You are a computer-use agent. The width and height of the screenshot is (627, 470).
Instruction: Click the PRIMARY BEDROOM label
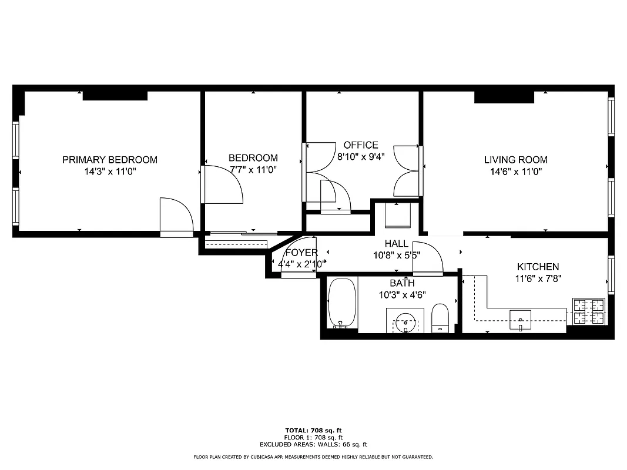pyautogui.click(x=110, y=160)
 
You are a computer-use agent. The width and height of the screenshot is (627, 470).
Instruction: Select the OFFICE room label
pyautogui.click(x=361, y=145)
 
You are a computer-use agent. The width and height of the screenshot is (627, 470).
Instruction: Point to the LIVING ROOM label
pyautogui.click(x=515, y=160)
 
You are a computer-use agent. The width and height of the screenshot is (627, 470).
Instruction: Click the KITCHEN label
pyautogui.click(x=538, y=267)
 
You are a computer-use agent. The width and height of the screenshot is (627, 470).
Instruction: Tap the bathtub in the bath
pyautogui.click(x=342, y=303)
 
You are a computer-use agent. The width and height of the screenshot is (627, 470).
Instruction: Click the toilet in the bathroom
pyautogui.click(x=440, y=317)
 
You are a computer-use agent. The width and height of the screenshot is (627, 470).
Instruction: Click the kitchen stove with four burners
pyautogui.click(x=589, y=311)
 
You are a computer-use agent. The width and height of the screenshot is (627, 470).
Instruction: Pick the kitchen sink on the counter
pyautogui.click(x=520, y=320)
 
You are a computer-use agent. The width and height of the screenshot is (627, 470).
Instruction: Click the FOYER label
pyautogui.click(x=301, y=253)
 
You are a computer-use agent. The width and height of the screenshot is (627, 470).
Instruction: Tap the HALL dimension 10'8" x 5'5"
pyautogui.click(x=397, y=256)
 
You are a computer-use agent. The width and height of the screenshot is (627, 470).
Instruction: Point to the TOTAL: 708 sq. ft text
pyautogui.click(x=313, y=430)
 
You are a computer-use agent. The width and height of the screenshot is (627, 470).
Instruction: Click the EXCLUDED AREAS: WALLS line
pyautogui.click(x=313, y=445)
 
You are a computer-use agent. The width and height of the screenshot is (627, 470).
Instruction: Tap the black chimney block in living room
pyautogui.click(x=504, y=97)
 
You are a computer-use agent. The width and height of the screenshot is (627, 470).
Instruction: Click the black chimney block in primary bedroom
pyautogui.click(x=115, y=95)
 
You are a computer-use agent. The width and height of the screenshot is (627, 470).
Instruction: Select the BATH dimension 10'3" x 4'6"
pyautogui.click(x=403, y=295)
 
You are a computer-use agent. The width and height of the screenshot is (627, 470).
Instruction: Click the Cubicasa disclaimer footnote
pyautogui.click(x=313, y=457)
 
